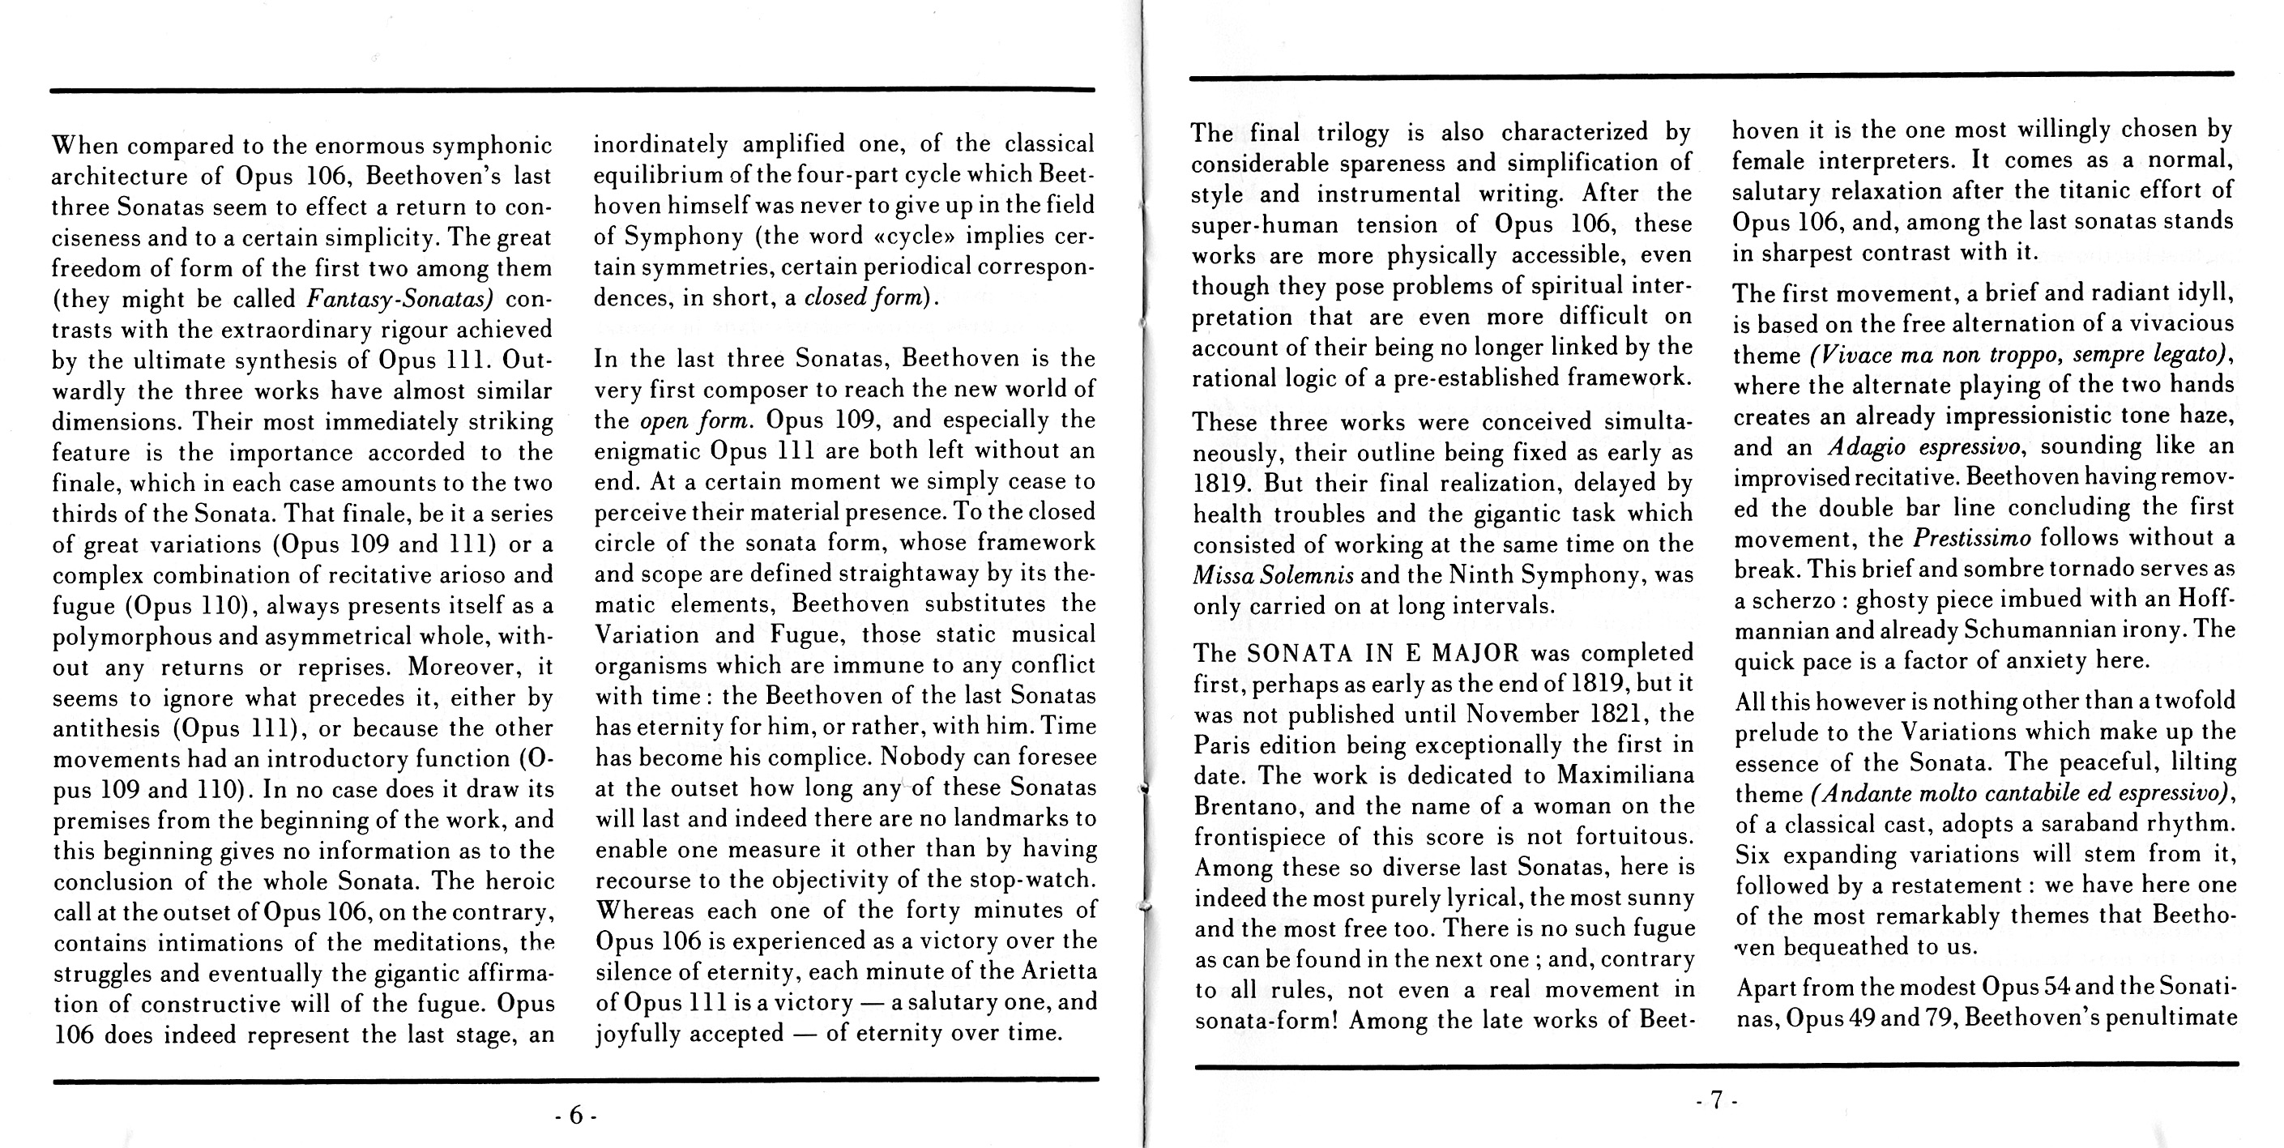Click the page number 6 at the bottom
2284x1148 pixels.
tap(575, 1116)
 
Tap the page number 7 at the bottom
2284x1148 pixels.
tap(1716, 1100)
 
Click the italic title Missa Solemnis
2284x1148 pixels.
tap(1273, 575)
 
